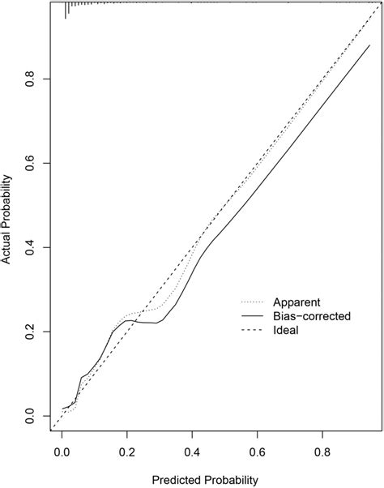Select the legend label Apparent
pos(301,300)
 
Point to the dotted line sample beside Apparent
pos(249,300)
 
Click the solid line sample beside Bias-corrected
pos(249,315)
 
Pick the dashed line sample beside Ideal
pos(249,331)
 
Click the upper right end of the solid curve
pos(369,45)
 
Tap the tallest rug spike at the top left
pos(66,11)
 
